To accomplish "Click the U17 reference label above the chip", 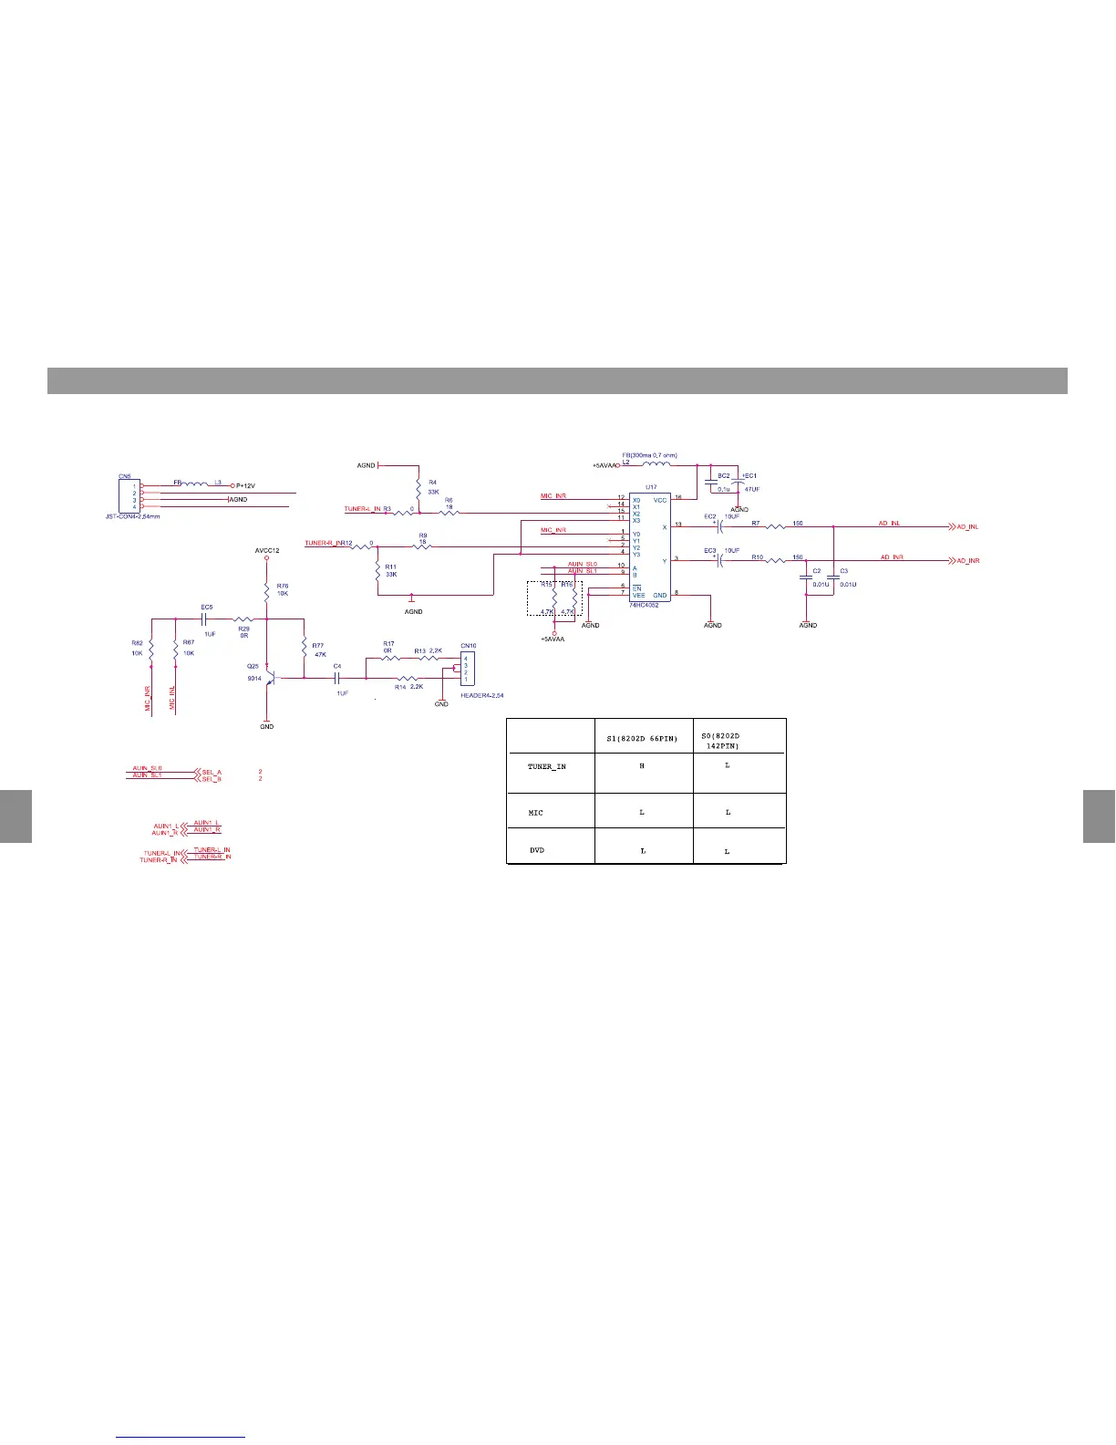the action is tap(651, 488).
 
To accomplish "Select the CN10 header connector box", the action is tap(468, 669).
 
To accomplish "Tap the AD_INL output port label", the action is tap(967, 527).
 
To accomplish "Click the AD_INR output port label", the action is tap(967, 560).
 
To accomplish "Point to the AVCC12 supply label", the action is tap(266, 551).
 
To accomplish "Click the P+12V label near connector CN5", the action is tap(245, 486).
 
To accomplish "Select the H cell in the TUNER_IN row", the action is tap(643, 766).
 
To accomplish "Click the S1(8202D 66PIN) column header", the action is tap(643, 738).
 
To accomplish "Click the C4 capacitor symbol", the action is tap(337, 678).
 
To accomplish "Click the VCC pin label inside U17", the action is tap(660, 500).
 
